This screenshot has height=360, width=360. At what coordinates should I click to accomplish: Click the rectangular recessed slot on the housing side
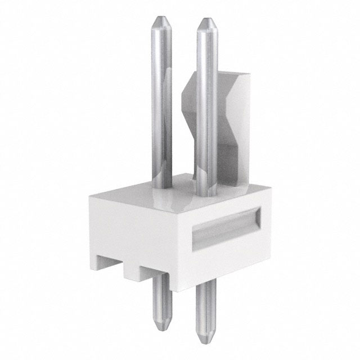[225, 228]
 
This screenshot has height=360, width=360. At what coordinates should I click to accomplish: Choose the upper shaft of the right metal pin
[205, 101]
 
